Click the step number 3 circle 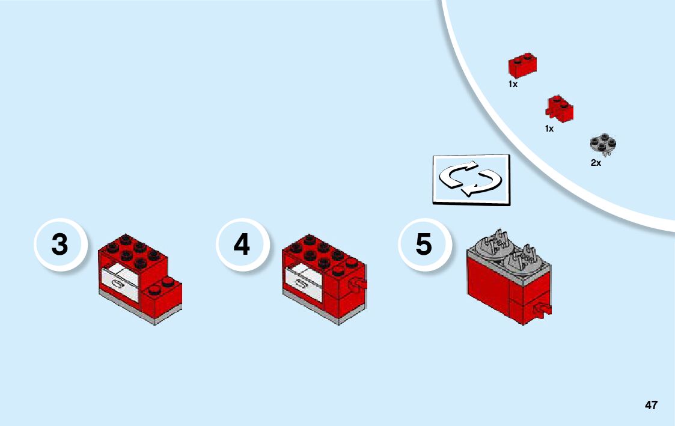click(x=60, y=245)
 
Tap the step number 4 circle click(x=242, y=245)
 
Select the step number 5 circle click(x=424, y=245)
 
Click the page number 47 click(x=651, y=405)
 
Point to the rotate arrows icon click(x=471, y=178)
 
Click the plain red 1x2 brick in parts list click(x=522, y=65)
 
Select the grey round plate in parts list click(x=603, y=144)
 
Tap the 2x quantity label click(x=596, y=163)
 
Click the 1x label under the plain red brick click(x=513, y=85)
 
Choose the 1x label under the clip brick click(x=549, y=129)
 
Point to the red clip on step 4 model click(x=359, y=284)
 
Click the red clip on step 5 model click(x=544, y=310)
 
